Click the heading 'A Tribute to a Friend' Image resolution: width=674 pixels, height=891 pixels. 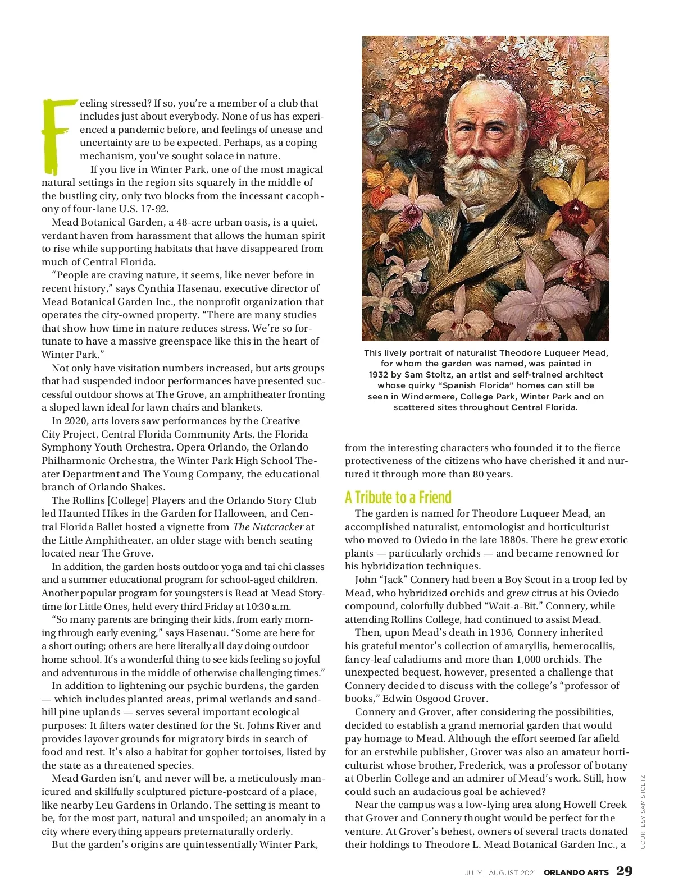pyautogui.click(x=398, y=498)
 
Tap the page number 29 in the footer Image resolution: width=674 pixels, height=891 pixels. pyautogui.click(x=624, y=871)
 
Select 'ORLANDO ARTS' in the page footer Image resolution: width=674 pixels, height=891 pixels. pyautogui.click(x=576, y=872)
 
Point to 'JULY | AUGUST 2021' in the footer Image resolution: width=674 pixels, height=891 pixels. pyautogui.click(x=500, y=872)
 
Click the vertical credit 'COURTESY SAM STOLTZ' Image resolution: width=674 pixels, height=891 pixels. pyautogui.click(x=643, y=811)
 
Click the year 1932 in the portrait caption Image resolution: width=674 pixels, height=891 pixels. pyautogui.click(x=379, y=374)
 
